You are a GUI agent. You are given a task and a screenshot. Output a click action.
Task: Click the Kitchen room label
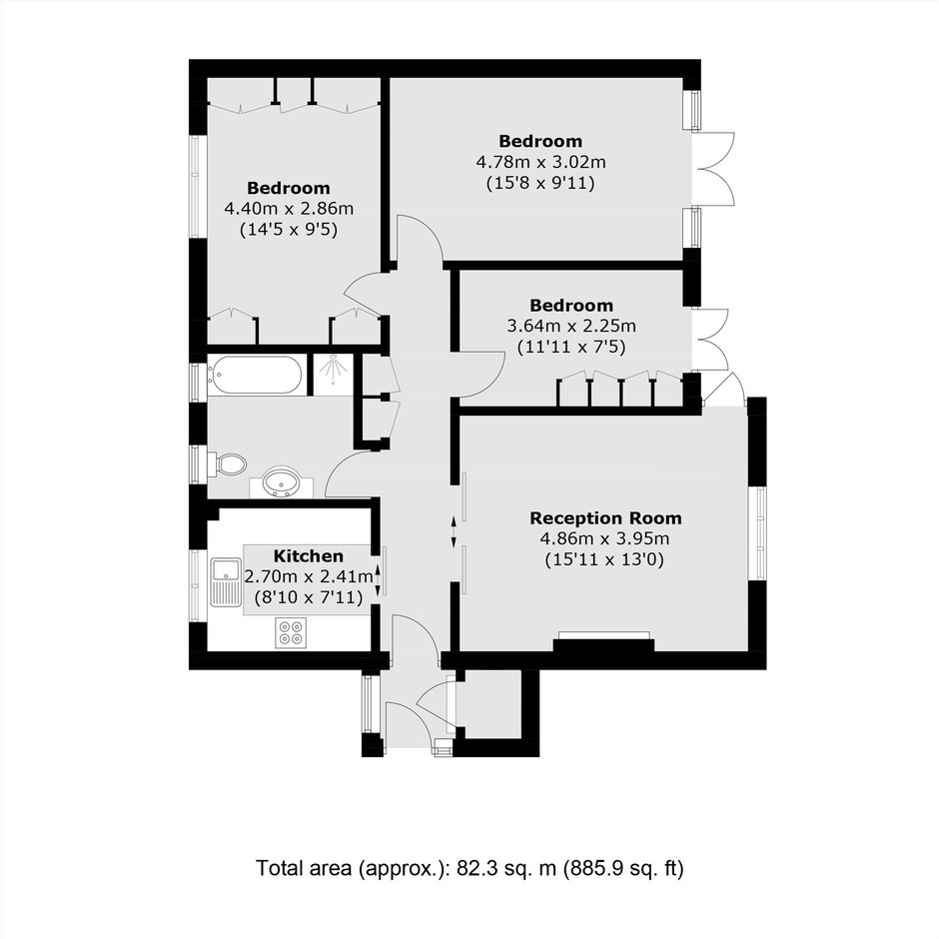pyautogui.click(x=309, y=555)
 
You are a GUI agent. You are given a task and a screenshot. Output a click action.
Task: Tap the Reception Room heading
pyautogui.click(x=605, y=518)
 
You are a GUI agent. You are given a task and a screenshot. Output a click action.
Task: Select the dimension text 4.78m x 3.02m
pyautogui.click(x=540, y=162)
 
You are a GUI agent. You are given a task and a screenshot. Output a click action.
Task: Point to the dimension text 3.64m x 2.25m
pyautogui.click(x=571, y=327)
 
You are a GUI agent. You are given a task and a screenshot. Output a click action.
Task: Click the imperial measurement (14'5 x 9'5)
pyautogui.click(x=289, y=230)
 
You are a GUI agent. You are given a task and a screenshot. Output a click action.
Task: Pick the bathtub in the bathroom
pyautogui.click(x=255, y=376)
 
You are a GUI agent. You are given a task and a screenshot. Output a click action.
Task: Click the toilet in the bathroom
pyautogui.click(x=228, y=465)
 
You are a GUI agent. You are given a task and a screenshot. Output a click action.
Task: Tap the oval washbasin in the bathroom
pyautogui.click(x=282, y=482)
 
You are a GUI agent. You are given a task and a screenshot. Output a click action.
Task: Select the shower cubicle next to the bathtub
pyautogui.click(x=334, y=375)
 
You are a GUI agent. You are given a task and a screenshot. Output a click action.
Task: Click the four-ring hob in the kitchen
pyautogui.click(x=291, y=633)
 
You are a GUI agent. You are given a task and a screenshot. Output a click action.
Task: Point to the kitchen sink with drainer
pyautogui.click(x=226, y=581)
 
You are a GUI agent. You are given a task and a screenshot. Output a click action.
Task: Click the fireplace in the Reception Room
pyautogui.click(x=603, y=641)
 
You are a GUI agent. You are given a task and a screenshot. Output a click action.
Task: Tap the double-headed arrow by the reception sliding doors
pyautogui.click(x=454, y=531)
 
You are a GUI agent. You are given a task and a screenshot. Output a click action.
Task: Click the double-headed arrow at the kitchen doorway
pyautogui.click(x=378, y=579)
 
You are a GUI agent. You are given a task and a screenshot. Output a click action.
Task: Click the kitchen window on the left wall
pyautogui.click(x=196, y=585)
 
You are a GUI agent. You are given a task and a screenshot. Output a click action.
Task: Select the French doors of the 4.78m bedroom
pyautogui.click(x=713, y=169)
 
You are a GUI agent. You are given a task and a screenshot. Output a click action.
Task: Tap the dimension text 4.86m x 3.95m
pyautogui.click(x=604, y=538)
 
